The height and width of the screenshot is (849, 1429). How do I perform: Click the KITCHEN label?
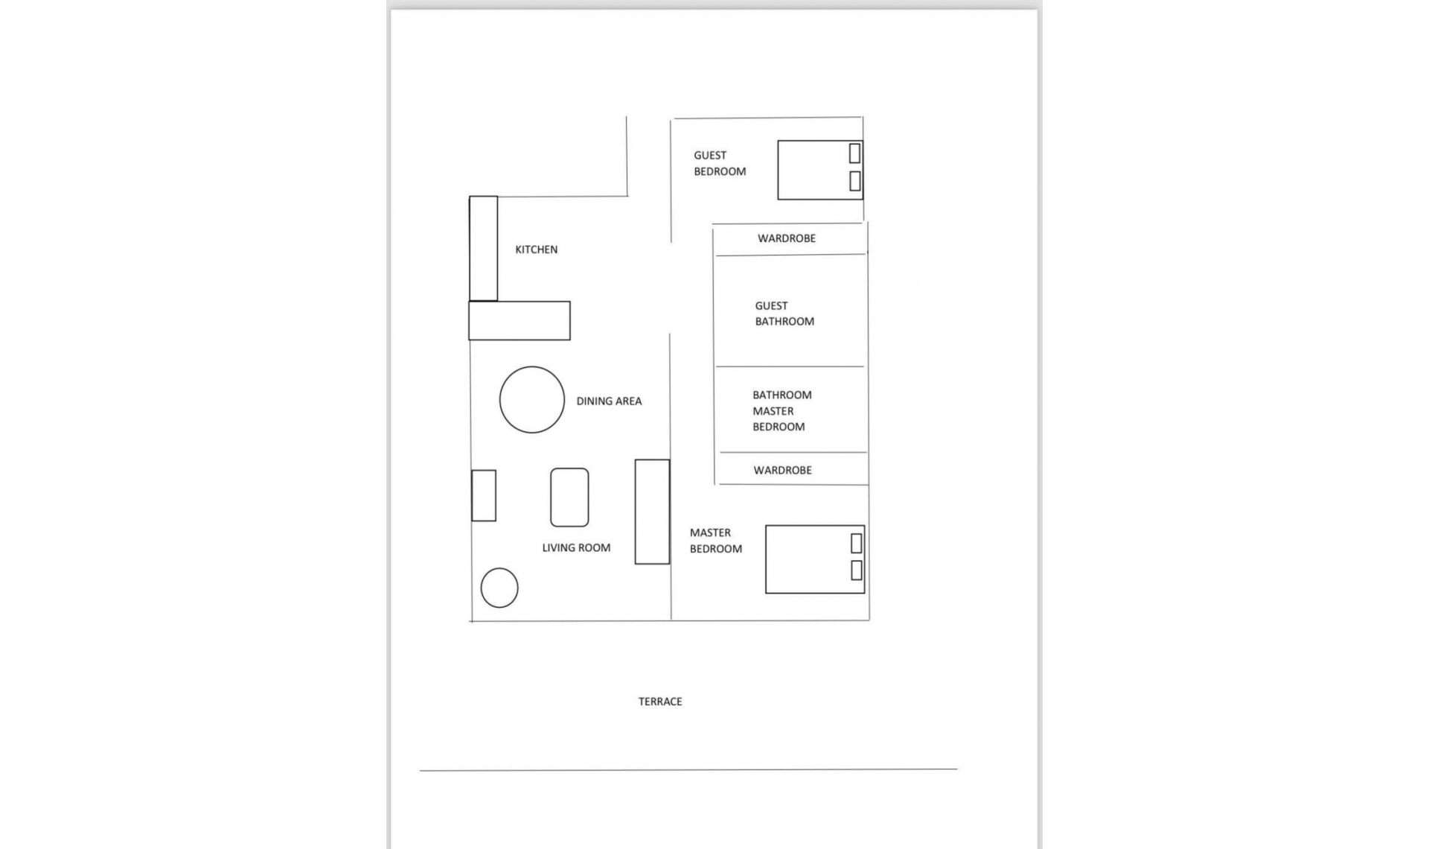click(x=536, y=249)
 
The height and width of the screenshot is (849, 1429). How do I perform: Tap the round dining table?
click(x=531, y=400)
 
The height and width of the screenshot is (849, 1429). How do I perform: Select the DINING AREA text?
click(x=608, y=401)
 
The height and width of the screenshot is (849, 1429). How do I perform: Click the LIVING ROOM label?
click(x=575, y=547)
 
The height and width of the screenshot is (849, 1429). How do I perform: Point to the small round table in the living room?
click(x=499, y=588)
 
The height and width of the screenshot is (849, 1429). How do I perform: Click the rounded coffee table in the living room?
click(x=569, y=497)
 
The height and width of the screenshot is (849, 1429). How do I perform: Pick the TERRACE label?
click(x=659, y=702)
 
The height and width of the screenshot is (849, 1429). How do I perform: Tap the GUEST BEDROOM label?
click(x=719, y=163)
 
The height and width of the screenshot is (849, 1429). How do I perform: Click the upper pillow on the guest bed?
click(x=854, y=153)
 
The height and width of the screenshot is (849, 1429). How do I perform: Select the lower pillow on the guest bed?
click(x=854, y=180)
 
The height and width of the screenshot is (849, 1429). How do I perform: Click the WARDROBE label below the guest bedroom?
click(x=786, y=238)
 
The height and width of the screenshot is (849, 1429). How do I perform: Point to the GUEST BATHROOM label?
click(x=784, y=314)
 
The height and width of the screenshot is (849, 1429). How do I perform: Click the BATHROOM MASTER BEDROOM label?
click(x=781, y=410)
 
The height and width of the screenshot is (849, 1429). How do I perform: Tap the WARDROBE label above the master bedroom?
click(x=782, y=470)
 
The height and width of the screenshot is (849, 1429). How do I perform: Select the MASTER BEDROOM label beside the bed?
click(x=715, y=541)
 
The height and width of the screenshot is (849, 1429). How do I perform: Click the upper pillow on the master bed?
click(x=856, y=543)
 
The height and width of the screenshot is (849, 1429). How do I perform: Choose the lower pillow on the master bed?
click(x=856, y=570)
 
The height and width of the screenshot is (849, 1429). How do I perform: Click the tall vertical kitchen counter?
click(x=483, y=249)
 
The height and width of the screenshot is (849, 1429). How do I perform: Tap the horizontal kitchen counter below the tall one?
click(x=519, y=321)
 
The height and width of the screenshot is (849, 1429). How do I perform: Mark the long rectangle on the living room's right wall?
click(x=652, y=512)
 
